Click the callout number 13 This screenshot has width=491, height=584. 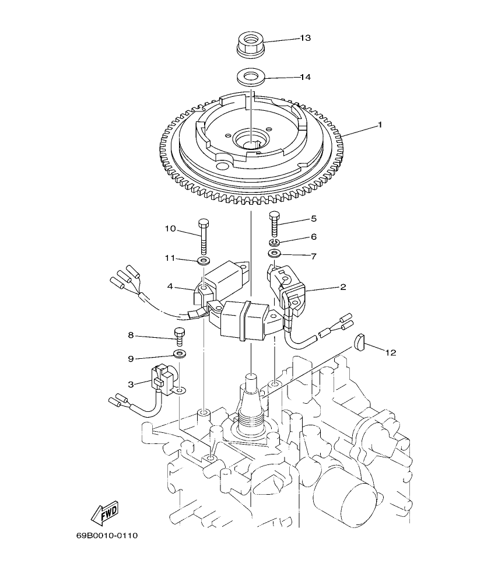coord(305,38)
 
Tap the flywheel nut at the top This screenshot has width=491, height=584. coord(250,44)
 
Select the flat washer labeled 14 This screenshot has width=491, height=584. coord(250,76)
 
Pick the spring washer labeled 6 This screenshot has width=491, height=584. coord(274,241)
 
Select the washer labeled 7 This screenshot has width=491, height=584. coord(274,254)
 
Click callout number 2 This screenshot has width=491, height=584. coord(343,287)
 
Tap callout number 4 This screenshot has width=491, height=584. coord(170,286)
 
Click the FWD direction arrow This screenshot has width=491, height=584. coord(105,514)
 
